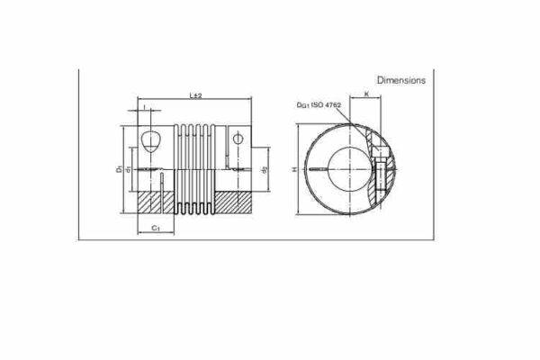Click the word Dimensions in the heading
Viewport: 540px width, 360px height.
tap(401, 80)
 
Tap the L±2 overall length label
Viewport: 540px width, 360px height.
tap(196, 94)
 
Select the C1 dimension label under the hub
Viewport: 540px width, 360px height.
tap(156, 229)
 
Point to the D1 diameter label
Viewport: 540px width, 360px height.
tap(120, 167)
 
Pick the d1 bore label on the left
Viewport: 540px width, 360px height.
tap(130, 168)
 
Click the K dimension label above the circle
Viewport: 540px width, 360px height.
tap(368, 94)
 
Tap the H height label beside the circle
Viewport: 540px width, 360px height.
tap(296, 168)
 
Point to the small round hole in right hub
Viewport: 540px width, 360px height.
tap(238, 139)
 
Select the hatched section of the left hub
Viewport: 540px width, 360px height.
tap(148, 202)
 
